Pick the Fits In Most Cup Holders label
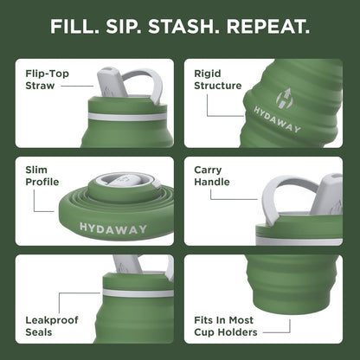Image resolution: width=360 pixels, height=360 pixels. (225, 326)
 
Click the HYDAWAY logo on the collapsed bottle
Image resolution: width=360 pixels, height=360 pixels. (112, 228)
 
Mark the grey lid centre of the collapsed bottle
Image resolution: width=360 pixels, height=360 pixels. (121, 180)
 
